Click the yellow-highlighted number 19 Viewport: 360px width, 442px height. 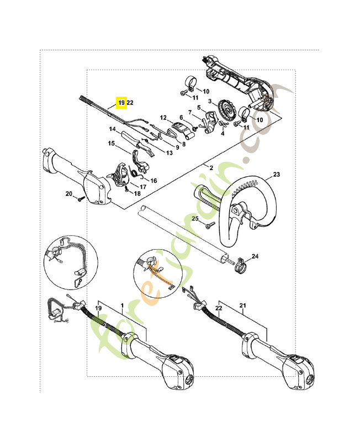[121, 102]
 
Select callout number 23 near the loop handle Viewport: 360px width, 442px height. [277, 175]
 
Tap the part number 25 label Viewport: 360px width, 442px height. [195, 219]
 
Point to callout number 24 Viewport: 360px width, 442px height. [255, 256]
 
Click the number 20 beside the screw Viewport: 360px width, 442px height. [69, 193]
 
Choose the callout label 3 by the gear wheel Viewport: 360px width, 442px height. [210, 102]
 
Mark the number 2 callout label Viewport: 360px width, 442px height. [211, 167]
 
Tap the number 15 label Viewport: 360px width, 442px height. [111, 144]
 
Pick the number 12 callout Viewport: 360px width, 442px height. [163, 118]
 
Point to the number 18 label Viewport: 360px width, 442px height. [137, 194]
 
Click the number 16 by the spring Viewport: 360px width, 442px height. [153, 181]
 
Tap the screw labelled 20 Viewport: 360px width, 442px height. [81, 198]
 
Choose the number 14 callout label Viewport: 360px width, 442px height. [112, 129]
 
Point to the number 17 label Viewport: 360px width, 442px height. [142, 187]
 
